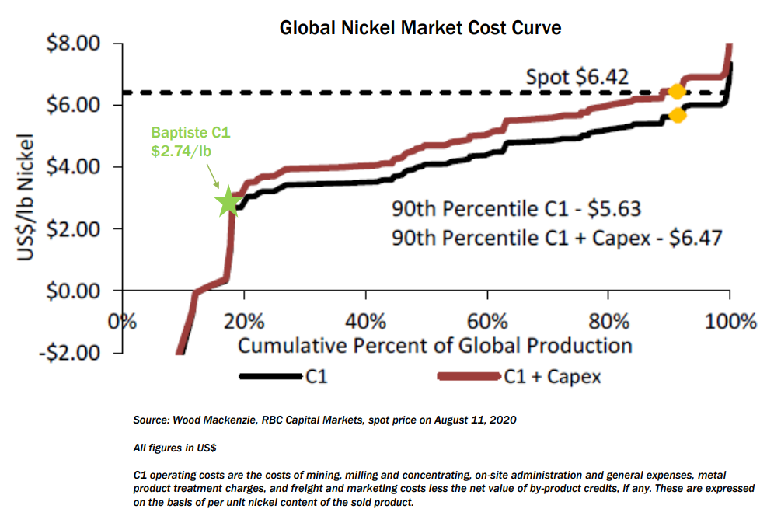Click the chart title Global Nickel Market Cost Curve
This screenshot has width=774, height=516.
tap(420, 28)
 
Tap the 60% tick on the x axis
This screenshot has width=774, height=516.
tap(487, 320)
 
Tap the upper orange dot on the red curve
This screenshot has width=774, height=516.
tap(676, 91)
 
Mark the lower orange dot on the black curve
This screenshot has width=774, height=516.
tap(676, 116)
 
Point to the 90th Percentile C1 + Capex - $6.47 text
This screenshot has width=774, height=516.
tap(556, 236)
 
